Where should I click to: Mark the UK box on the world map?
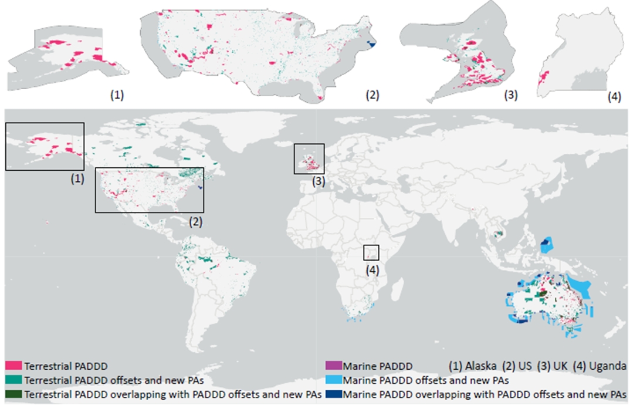pos(309,159)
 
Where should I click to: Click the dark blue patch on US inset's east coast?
pos(371,43)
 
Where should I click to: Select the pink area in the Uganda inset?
pos(544,78)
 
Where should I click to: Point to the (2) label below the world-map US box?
pos(195,221)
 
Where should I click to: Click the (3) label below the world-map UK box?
pos(317,182)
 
